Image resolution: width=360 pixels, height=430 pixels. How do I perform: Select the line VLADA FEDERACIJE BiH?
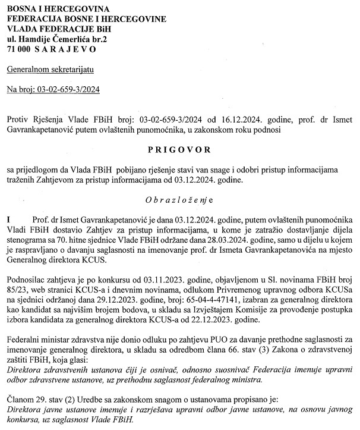pyautogui.click(x=52, y=29)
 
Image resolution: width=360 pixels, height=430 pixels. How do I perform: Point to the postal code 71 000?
pyautogui.click(x=18, y=49)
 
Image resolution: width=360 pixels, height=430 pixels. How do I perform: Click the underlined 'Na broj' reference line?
pyautogui.click(x=53, y=90)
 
